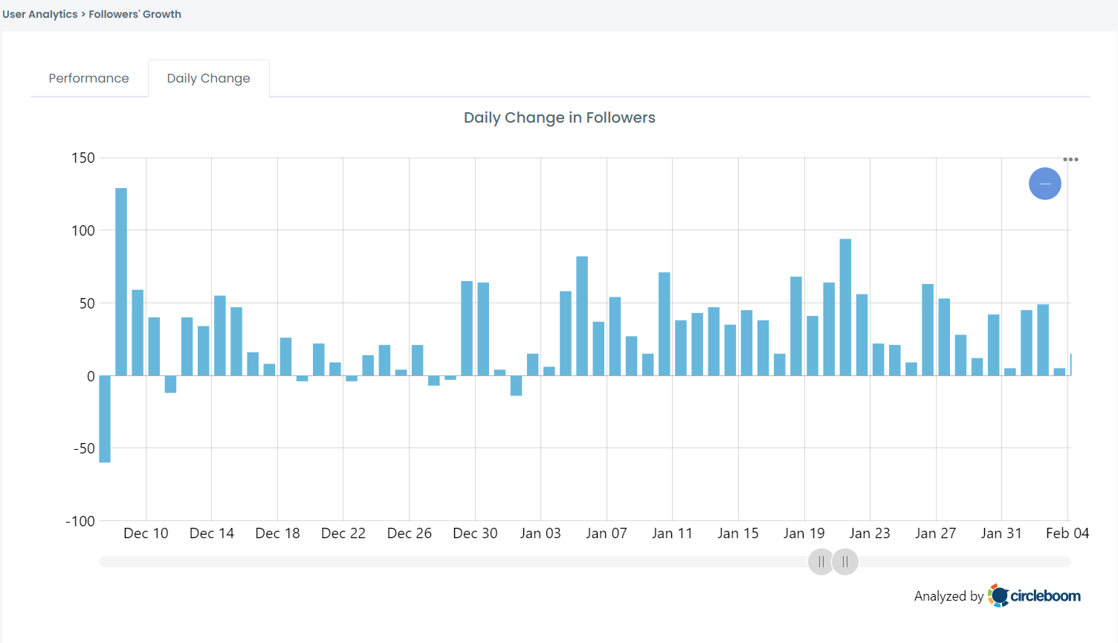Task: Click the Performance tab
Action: click(88, 78)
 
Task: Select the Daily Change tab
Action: click(208, 78)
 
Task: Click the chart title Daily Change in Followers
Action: click(559, 117)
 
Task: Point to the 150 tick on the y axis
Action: click(83, 158)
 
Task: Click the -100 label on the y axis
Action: click(80, 521)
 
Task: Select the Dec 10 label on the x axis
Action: click(146, 533)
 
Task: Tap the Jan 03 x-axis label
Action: click(540, 533)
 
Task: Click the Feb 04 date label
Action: click(1067, 533)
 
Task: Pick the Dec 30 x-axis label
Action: click(475, 533)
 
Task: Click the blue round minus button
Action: click(1044, 184)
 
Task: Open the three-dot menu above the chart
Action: click(1070, 159)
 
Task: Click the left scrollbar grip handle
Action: click(821, 562)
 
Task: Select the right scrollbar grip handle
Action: click(845, 562)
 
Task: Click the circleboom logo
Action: click(1034, 595)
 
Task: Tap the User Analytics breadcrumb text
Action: click(39, 14)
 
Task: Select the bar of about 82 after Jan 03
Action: click(582, 315)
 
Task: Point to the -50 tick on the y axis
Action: click(84, 448)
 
